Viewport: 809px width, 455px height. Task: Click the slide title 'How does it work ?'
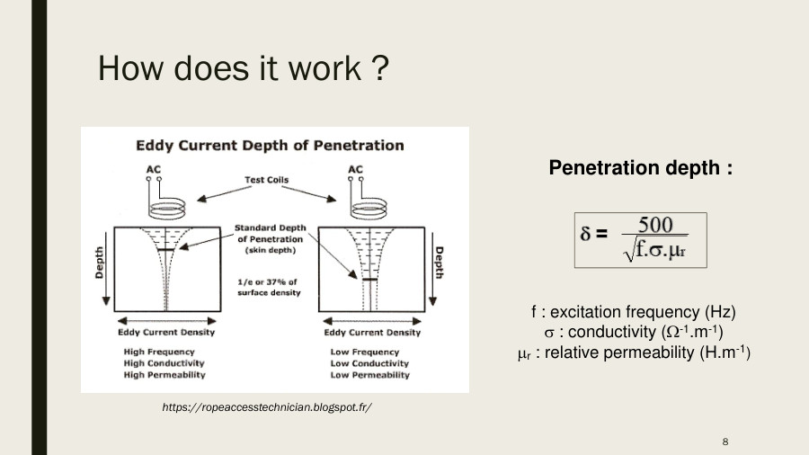pyautogui.click(x=242, y=68)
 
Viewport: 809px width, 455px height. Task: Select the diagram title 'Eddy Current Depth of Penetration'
pyautogui.click(x=270, y=145)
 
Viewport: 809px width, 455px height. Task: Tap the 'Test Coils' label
pyautogui.click(x=267, y=180)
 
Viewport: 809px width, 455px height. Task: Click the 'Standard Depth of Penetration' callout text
pyautogui.click(x=270, y=239)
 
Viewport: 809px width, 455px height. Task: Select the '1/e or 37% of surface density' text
pyautogui.click(x=267, y=287)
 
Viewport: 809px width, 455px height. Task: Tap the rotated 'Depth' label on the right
pyautogui.click(x=440, y=263)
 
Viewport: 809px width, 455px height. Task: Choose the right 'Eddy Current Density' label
pyautogui.click(x=371, y=333)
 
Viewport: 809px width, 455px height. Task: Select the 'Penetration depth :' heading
pyautogui.click(x=640, y=168)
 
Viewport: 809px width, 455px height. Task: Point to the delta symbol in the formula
pyautogui.click(x=586, y=236)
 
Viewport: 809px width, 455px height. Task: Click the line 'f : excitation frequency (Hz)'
pyautogui.click(x=633, y=312)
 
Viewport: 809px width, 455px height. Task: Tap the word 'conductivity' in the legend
pyautogui.click(x=613, y=332)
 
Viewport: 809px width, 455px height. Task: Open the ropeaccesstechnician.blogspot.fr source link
pyautogui.click(x=267, y=407)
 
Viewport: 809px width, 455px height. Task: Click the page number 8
pyautogui.click(x=725, y=441)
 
